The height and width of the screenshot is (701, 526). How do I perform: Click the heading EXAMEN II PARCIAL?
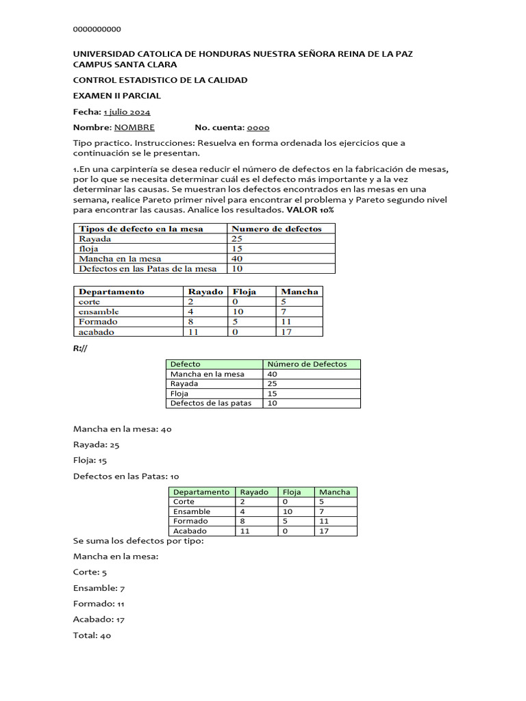click(117, 96)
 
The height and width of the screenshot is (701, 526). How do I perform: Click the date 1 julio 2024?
click(127, 112)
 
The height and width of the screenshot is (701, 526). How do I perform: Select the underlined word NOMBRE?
click(134, 127)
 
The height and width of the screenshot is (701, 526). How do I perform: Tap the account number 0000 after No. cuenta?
click(258, 127)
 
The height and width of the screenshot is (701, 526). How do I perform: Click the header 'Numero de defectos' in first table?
click(277, 229)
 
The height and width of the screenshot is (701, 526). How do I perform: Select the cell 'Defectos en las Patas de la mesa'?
click(147, 269)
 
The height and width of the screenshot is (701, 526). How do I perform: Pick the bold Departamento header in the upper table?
click(112, 292)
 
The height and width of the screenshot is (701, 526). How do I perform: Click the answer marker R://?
click(80, 348)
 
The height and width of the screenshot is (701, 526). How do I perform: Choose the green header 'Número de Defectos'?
click(307, 364)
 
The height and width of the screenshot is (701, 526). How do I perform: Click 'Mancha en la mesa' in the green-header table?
click(207, 374)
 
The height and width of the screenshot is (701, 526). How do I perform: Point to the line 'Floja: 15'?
click(90, 461)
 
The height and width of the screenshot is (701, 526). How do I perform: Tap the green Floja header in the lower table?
click(292, 492)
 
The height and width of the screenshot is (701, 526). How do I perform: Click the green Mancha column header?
click(335, 492)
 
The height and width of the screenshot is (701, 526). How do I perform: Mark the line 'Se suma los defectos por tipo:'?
click(138, 541)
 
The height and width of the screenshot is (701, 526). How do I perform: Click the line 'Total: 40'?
click(92, 635)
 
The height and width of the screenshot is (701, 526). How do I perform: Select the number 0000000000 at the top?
click(97, 29)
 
